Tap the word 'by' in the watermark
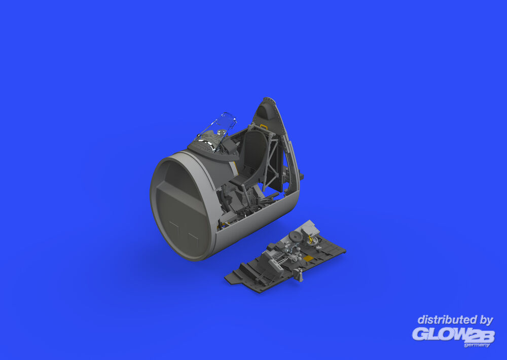(487, 320)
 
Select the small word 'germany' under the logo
(477, 345)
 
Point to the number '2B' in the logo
(480, 336)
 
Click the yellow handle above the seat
(264, 126)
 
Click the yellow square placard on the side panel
(309, 258)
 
